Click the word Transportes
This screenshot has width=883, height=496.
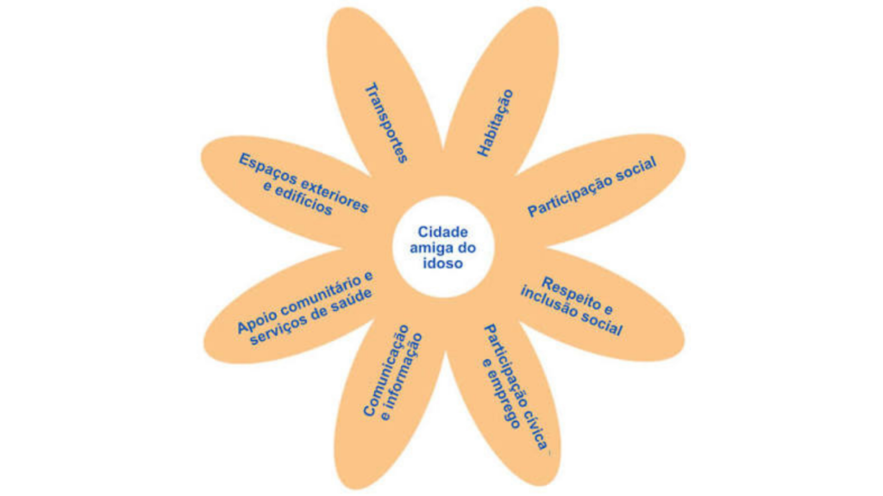coord(386,123)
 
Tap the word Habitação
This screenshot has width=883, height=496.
coord(496,122)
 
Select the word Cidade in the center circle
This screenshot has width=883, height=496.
coord(442,232)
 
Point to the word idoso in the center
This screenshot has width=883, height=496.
coord(442,263)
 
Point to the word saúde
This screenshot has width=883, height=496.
coord(353,301)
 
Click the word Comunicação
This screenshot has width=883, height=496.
coord(386,370)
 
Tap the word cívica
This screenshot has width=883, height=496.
coord(536,431)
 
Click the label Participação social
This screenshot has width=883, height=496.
coord(592,187)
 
